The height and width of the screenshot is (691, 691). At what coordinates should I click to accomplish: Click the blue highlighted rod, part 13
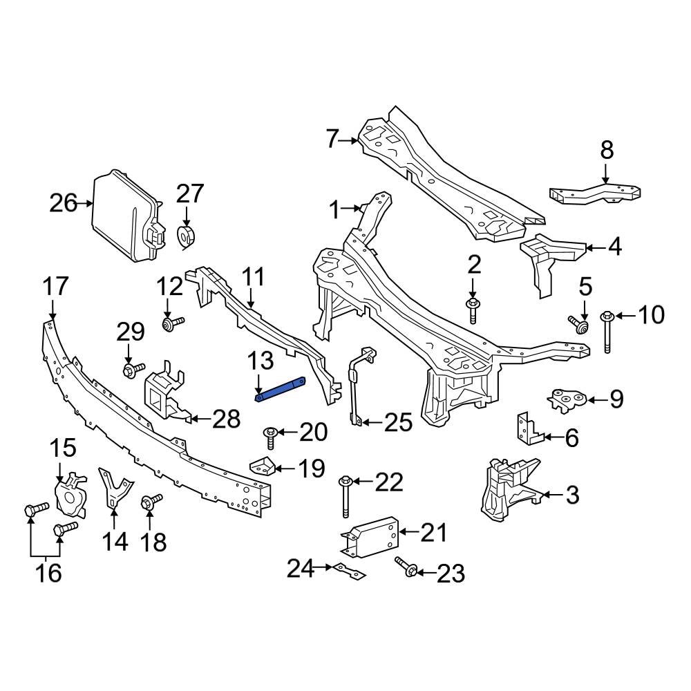click(281, 389)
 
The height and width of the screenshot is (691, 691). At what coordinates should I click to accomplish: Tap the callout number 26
click(64, 204)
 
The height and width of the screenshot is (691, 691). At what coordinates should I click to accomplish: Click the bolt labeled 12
click(172, 323)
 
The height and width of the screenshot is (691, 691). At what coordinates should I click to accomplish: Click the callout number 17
click(56, 285)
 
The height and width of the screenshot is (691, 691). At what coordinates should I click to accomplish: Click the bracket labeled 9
click(567, 400)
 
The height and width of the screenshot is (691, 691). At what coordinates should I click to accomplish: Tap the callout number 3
click(572, 495)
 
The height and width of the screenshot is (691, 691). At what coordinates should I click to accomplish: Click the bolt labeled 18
click(151, 502)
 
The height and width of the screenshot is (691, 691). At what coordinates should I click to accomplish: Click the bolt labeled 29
click(132, 370)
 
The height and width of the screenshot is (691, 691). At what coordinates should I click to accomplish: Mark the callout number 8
click(607, 150)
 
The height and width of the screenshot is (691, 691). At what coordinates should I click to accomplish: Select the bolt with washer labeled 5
click(578, 324)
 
